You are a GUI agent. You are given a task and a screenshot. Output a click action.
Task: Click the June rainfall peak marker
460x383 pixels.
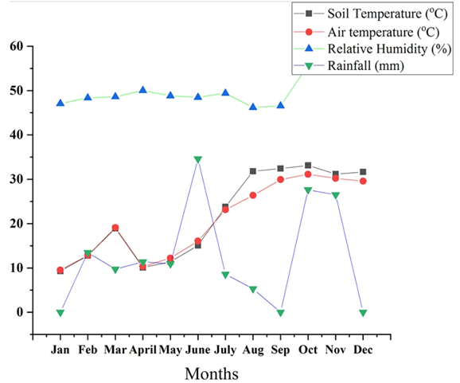coord(198,160)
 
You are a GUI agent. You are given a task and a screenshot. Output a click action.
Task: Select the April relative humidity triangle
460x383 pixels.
coord(143,90)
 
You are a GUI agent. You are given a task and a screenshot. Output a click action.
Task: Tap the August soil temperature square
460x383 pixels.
coord(253,171)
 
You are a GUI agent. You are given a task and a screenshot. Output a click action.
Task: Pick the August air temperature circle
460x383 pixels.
coord(253,195)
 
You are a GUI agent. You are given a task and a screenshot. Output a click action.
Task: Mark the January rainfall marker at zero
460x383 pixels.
coord(60,313)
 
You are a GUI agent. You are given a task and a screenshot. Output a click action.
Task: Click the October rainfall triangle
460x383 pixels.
coord(308,190)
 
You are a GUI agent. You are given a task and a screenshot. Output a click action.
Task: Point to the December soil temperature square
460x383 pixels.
coord(363,172)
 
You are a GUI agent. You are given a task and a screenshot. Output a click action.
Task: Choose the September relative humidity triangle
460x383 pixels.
coord(280,105)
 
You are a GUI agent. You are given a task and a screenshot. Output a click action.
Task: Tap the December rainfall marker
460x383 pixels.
coord(363,313)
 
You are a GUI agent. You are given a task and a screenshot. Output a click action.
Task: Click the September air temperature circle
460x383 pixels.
coord(280,179)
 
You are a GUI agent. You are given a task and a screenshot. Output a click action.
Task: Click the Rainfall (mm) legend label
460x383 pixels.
coord(366,66)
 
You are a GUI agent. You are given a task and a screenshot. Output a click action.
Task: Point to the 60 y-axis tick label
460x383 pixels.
coord(17,46)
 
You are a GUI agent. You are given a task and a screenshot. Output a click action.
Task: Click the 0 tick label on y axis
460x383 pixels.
coord(20,312)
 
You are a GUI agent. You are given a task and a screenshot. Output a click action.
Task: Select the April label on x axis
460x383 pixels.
coord(143,350)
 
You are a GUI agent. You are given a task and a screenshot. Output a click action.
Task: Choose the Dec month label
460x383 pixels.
coord(363,350)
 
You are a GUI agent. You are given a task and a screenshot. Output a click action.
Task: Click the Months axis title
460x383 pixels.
coord(212,373)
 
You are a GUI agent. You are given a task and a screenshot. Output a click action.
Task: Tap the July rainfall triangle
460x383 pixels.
coord(225,275)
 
